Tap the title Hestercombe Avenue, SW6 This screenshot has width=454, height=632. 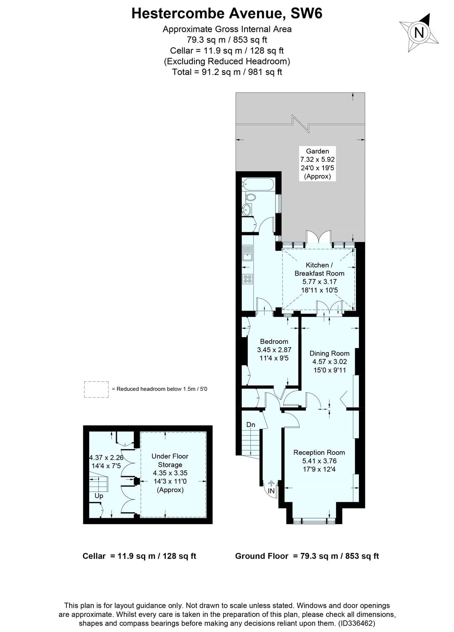point(227,13)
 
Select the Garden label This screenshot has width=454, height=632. point(317,151)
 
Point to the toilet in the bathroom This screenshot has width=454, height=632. point(251,197)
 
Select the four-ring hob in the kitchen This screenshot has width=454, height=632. point(247,279)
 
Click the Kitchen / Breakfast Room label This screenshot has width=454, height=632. point(319,269)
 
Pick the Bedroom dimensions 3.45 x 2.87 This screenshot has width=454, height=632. point(274,350)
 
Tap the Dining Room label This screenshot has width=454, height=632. point(329,353)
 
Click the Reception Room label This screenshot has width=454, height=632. point(319,453)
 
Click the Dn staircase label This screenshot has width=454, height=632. point(251,425)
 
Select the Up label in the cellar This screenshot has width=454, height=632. point(99,496)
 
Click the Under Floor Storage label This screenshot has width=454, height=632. point(170,461)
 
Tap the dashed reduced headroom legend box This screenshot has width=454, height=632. point(96,389)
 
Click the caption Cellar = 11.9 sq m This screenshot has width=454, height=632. point(139,556)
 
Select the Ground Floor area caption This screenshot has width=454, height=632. point(307,556)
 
